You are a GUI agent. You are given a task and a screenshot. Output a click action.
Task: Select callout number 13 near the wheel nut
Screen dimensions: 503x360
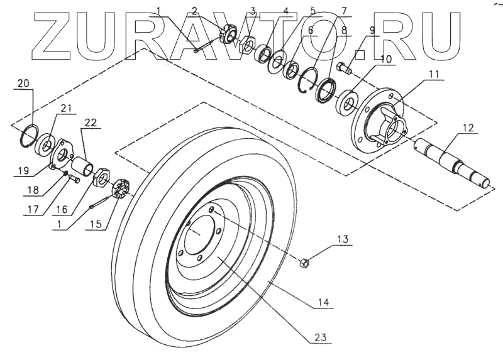pos(341,239)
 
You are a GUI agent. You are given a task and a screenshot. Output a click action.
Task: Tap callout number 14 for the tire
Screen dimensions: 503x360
pos(323,302)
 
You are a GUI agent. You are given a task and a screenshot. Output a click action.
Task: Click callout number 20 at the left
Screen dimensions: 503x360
pos(23,83)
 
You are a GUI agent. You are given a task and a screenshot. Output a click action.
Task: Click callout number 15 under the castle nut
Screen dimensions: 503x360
pos(95,223)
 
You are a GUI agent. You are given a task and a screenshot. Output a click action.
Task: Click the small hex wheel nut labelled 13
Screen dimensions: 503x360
pos(302,261)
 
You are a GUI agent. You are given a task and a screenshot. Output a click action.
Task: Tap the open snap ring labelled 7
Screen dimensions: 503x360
pos(307,82)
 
